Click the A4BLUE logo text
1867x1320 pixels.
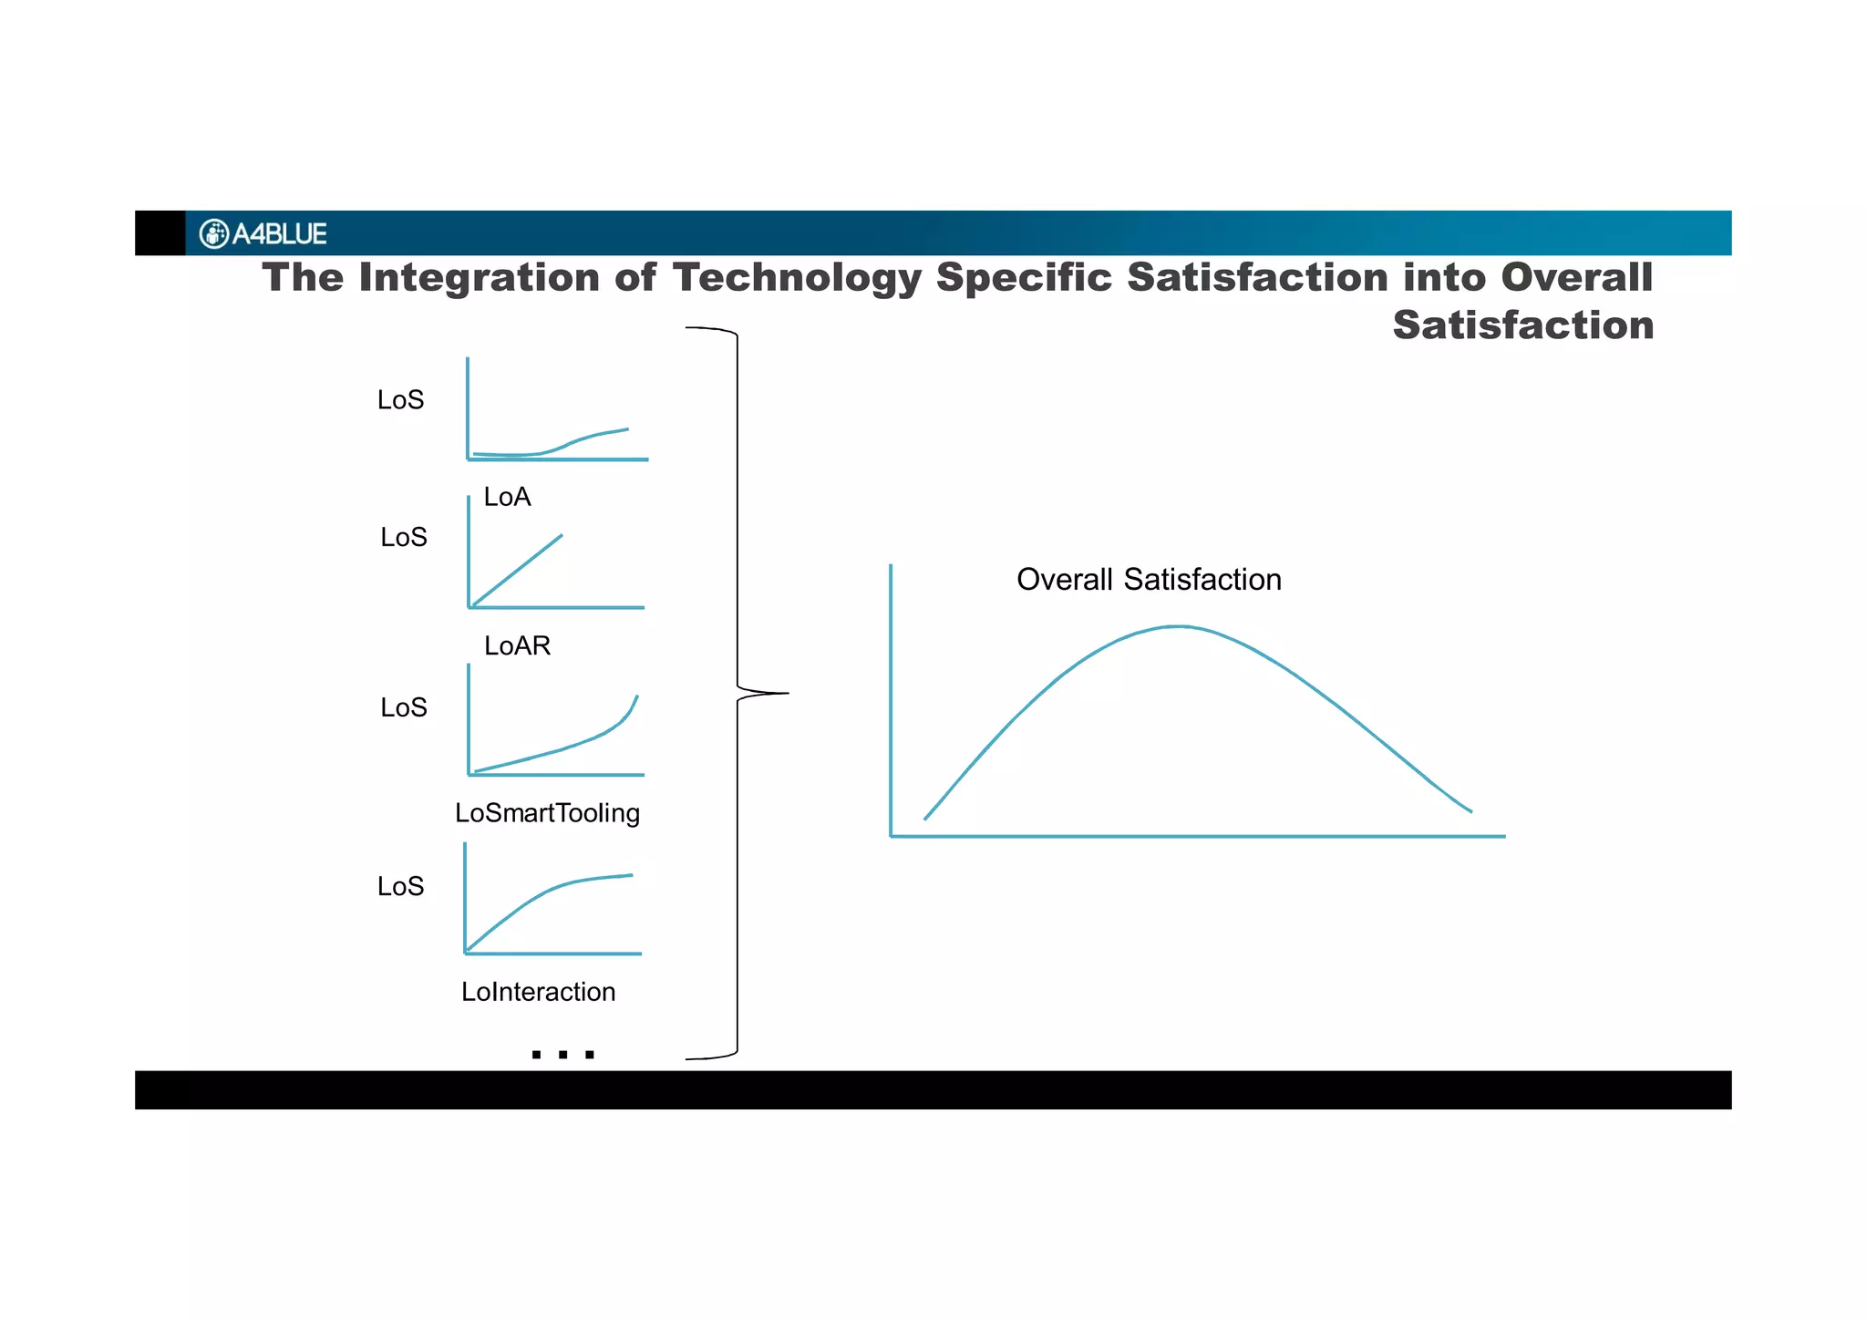279,234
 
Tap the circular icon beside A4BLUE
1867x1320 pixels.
213,234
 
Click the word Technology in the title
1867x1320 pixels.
797,278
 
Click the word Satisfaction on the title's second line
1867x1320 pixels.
1522,325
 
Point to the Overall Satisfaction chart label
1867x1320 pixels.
1149,580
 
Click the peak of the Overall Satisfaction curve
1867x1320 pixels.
1179,627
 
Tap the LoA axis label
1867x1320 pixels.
507,497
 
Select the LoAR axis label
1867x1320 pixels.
517,646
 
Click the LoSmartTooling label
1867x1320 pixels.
547,813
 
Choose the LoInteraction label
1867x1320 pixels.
538,992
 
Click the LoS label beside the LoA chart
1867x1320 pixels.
401,400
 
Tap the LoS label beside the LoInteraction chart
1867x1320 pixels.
401,887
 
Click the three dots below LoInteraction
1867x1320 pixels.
562,1055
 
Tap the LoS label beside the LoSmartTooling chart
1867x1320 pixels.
404,708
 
